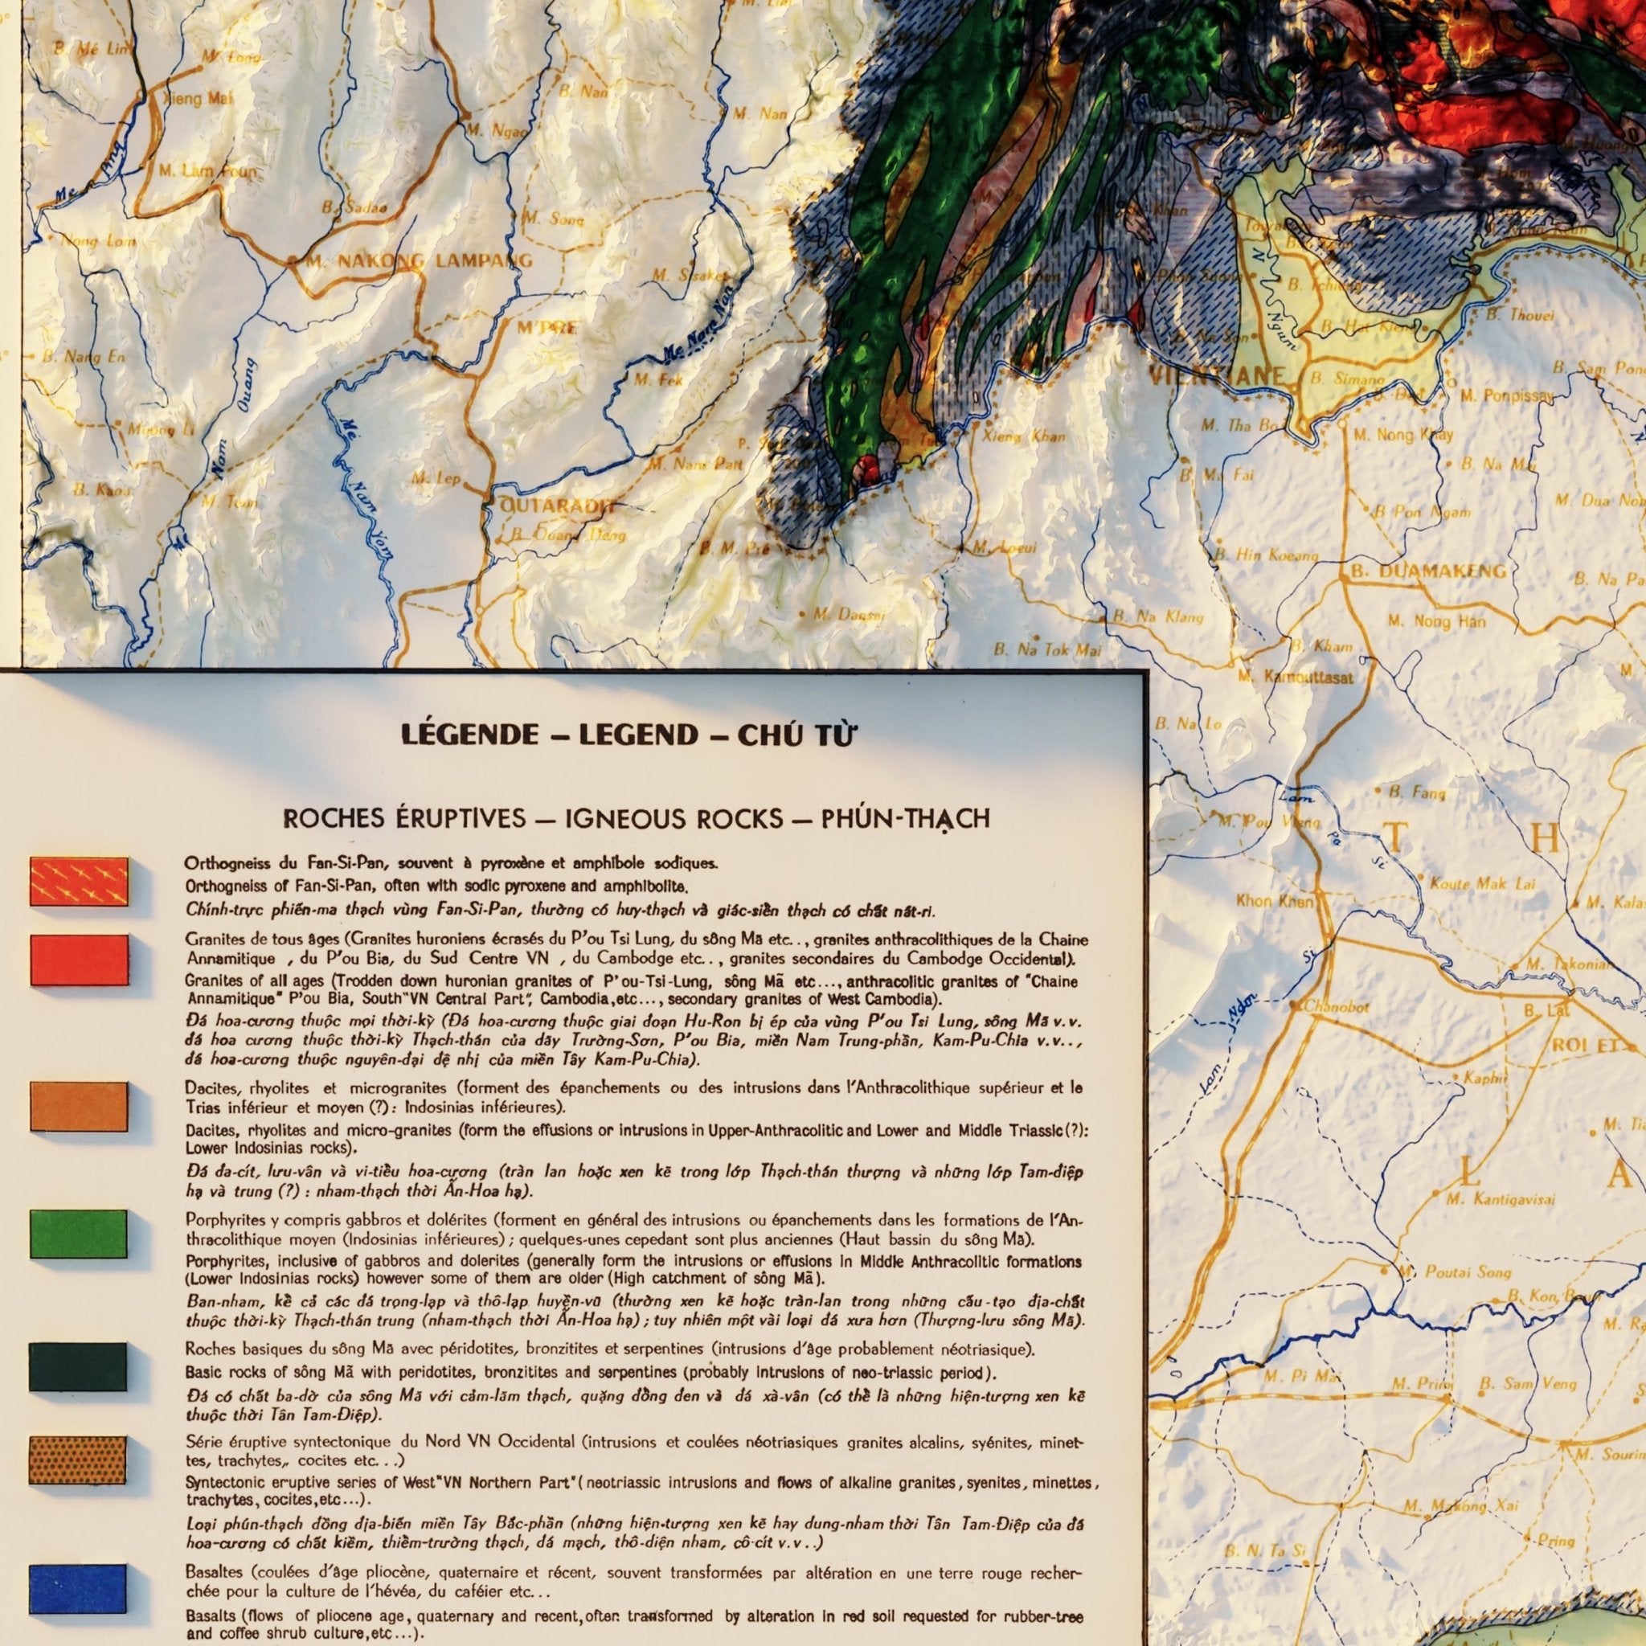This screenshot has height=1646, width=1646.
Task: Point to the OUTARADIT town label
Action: [557, 506]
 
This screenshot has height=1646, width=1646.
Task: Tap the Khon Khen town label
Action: [1275, 900]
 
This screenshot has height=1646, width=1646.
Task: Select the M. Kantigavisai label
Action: [1501, 1200]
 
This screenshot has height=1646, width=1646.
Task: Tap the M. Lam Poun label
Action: [207, 171]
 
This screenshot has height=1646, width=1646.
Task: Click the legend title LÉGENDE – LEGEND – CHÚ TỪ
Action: [627, 735]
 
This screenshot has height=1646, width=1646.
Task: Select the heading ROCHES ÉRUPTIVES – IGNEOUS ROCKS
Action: [636, 819]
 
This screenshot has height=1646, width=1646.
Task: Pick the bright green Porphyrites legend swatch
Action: [79, 1233]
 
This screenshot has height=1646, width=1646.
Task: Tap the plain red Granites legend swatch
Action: [79, 960]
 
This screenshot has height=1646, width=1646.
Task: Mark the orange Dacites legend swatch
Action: [79, 1106]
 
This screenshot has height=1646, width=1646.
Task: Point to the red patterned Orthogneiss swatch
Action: [79, 881]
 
